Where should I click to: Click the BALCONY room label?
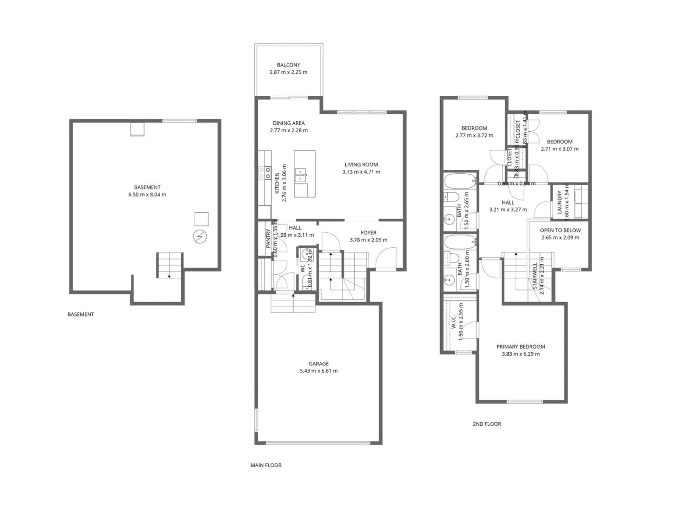[288, 65]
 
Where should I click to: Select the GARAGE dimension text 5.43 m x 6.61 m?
[319, 371]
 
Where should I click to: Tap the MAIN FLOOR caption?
[266, 465]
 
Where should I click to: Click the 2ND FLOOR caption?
[487, 424]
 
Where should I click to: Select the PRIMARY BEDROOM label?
[520, 347]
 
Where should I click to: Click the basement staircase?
[170, 265]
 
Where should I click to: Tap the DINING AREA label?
[289, 123]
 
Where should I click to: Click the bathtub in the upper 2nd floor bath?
[460, 181]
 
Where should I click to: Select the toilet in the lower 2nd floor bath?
[451, 258]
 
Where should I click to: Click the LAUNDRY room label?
[559, 202]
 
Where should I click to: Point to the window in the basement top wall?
[179, 121]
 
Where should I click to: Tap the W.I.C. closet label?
[454, 322]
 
